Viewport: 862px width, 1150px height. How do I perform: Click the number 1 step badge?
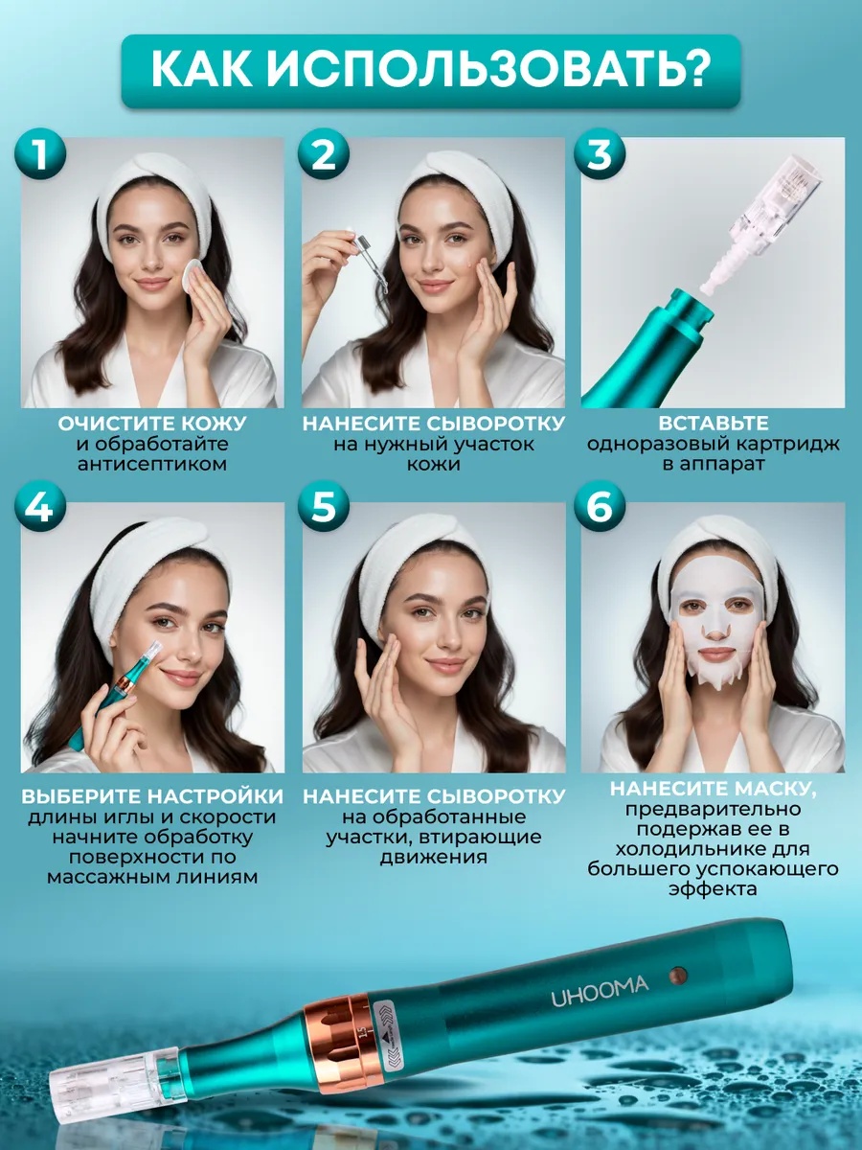pyautogui.click(x=40, y=154)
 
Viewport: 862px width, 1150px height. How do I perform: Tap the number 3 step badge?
pyautogui.click(x=600, y=154)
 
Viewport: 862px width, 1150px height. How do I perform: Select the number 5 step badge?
pyautogui.click(x=324, y=507)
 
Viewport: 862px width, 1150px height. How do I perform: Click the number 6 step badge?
pyautogui.click(x=600, y=507)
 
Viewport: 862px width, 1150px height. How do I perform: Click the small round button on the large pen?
pyautogui.click(x=679, y=975)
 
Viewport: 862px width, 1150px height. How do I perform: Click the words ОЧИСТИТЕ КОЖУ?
pyautogui.click(x=151, y=424)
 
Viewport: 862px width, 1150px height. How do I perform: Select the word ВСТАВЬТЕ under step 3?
pyautogui.click(x=713, y=424)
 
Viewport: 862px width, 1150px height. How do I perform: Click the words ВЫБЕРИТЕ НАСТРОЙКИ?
pyautogui.click(x=152, y=796)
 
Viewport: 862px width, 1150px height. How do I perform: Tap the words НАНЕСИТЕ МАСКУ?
pyautogui.click(x=713, y=789)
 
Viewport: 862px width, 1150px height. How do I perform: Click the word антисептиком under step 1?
pyautogui.click(x=151, y=464)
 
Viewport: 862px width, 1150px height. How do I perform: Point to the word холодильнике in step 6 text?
pyautogui.click(x=713, y=848)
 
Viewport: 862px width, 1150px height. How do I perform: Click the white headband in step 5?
pyautogui.click(x=426, y=561)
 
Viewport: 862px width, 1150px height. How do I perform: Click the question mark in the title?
pyautogui.click(x=691, y=69)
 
